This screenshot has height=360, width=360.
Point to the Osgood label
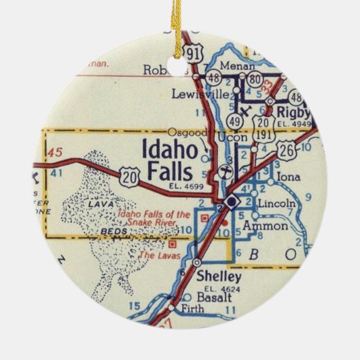pos(180,131)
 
